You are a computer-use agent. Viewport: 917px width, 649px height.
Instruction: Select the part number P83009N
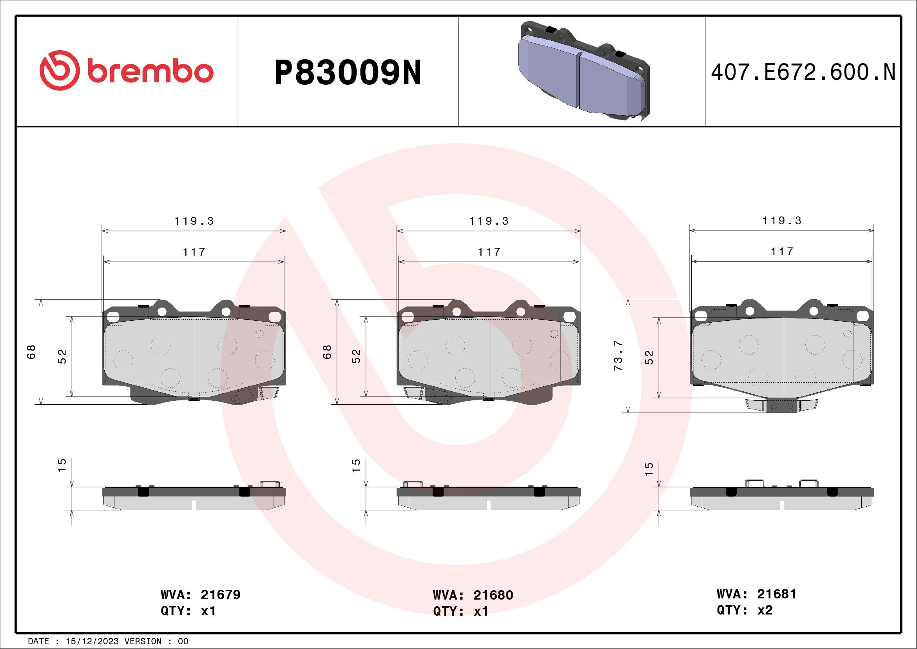(x=348, y=73)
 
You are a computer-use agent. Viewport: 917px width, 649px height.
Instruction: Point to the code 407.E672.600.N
(x=803, y=72)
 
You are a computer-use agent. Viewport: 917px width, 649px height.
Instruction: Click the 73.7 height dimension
(x=619, y=356)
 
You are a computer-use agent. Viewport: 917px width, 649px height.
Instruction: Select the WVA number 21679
(x=221, y=594)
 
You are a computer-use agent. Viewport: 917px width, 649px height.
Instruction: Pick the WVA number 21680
(x=493, y=595)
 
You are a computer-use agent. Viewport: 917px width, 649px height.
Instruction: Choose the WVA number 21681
(x=776, y=594)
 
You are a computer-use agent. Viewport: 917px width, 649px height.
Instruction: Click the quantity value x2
(x=765, y=610)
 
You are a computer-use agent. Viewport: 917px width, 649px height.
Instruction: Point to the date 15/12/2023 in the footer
(x=92, y=642)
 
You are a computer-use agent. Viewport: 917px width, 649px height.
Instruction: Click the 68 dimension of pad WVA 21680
(x=327, y=352)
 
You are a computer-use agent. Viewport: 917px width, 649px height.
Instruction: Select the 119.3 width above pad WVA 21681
(x=782, y=221)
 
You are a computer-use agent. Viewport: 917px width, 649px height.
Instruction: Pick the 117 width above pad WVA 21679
(x=194, y=252)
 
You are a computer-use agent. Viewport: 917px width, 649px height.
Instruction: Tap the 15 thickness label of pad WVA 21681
(x=649, y=468)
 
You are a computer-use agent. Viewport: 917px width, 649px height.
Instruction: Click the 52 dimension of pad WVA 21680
(x=357, y=356)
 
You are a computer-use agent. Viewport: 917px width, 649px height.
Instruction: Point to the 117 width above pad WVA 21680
(x=489, y=252)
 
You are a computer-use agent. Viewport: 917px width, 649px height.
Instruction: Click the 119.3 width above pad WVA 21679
(x=194, y=221)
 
